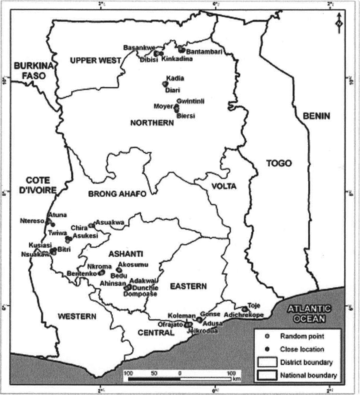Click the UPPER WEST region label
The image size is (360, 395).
[95, 61]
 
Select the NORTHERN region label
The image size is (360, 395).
[152, 123]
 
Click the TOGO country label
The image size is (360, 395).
[279, 164]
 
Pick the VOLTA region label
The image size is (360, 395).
[224, 186]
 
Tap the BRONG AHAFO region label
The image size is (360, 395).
[117, 194]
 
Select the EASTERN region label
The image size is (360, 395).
[188, 286]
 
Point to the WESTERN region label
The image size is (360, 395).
[77, 316]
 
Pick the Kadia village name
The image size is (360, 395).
[176, 78]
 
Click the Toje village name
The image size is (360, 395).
[254, 306]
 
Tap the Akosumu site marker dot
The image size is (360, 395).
[119, 270]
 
